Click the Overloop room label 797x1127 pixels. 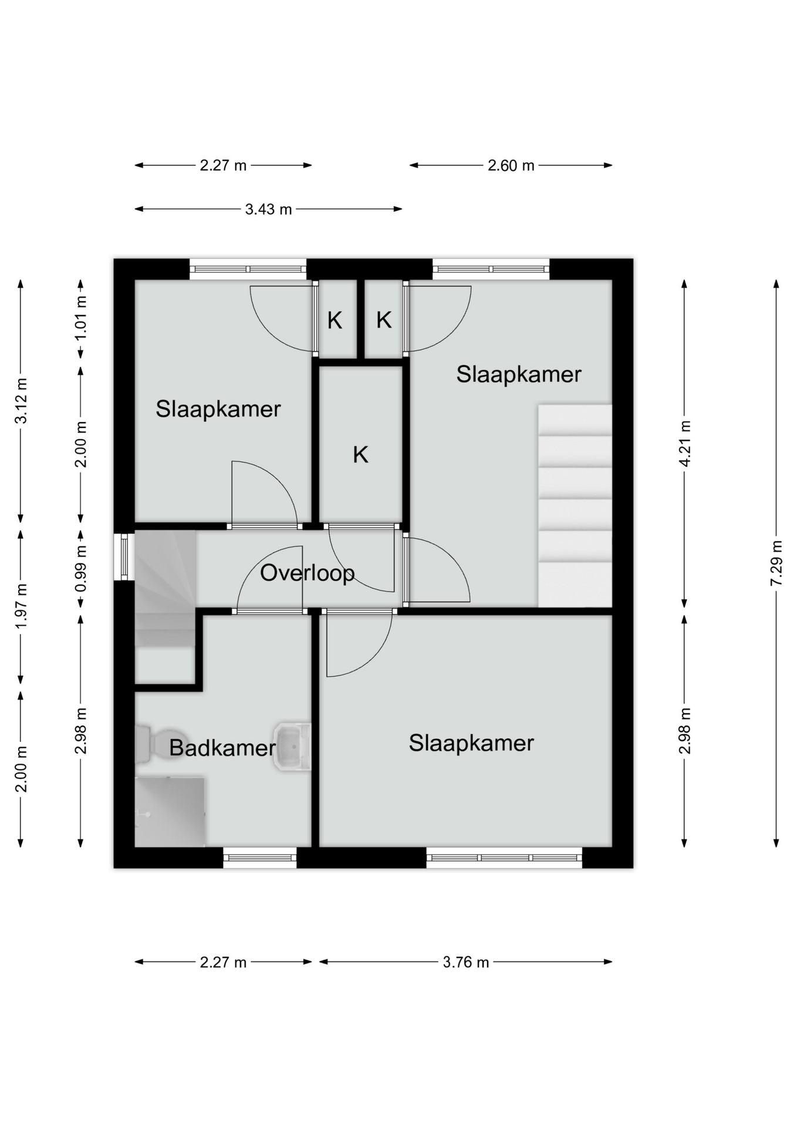tap(307, 573)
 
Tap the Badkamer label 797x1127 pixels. tap(222, 748)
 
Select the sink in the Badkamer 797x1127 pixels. tap(292, 747)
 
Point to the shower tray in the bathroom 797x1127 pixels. tap(170, 812)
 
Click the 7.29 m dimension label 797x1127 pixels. tap(776, 563)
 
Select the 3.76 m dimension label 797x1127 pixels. tap(466, 962)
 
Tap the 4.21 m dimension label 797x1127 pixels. tap(684, 443)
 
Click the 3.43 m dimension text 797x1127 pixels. tap(268, 210)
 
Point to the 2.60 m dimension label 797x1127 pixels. tap(511, 166)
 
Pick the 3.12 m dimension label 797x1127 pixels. tap(21, 401)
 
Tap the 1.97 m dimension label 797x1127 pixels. tap(21, 606)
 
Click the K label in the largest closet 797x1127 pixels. tap(360, 454)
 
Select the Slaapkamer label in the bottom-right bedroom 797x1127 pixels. tap(471, 743)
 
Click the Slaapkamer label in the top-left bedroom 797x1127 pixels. tap(218, 409)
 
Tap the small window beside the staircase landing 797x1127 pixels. tap(124, 556)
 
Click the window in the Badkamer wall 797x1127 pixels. tap(260, 858)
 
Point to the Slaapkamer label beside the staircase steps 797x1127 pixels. tap(519, 374)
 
